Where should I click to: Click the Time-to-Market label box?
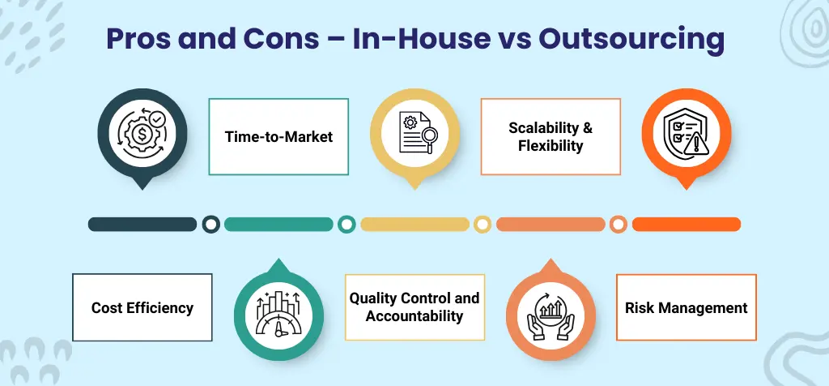coord(278,136)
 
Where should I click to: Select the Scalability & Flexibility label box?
coord(551,136)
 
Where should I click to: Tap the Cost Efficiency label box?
coord(142,307)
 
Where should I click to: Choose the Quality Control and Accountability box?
coord(414,307)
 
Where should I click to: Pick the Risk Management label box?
coord(686,307)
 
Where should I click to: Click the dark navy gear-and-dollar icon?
coord(142,135)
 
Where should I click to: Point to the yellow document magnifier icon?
coord(414,135)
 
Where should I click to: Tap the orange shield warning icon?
coord(686,135)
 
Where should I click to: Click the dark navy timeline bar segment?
coord(142,224)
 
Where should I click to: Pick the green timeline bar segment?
coord(278,224)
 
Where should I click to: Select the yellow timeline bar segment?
coord(414,224)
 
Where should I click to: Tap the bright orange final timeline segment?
coord(686,224)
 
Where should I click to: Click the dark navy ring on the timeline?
coord(210,224)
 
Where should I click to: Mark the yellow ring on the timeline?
coord(483,224)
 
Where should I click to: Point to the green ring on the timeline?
coord(346,224)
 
